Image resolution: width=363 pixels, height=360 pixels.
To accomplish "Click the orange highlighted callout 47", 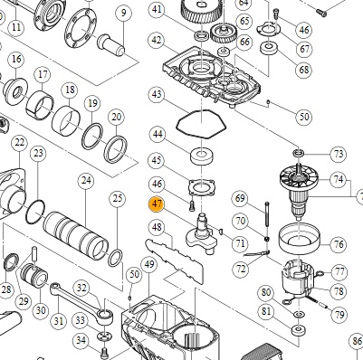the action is [157, 204].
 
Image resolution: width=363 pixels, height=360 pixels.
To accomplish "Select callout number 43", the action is [157, 95].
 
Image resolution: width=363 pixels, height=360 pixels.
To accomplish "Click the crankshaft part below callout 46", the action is [202, 233].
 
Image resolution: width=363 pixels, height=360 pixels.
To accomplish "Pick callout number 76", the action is [339, 244].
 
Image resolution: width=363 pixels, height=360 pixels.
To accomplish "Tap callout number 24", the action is [86, 180].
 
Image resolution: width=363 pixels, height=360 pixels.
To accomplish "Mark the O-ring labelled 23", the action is [35, 212].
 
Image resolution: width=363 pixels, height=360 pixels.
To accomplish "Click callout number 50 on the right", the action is [304, 117].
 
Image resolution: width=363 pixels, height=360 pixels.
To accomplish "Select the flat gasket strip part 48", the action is [175, 261].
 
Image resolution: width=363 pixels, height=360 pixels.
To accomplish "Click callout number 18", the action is [70, 90].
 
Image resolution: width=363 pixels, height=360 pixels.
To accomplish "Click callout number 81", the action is [266, 311].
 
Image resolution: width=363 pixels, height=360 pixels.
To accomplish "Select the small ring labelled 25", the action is [115, 258].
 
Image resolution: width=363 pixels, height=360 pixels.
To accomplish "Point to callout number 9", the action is [123, 14].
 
